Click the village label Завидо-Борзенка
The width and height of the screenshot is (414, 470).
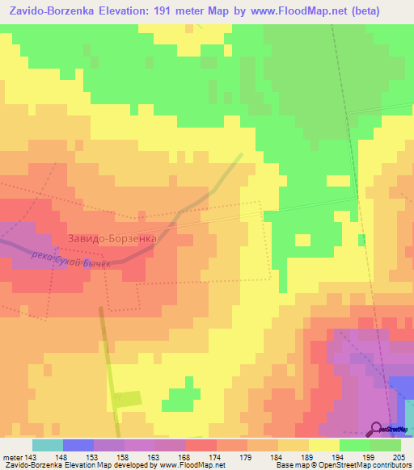(x=112, y=239)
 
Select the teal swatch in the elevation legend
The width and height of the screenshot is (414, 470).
(x=48, y=445)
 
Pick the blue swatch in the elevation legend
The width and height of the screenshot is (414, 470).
(x=78, y=445)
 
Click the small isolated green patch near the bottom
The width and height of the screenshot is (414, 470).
(x=183, y=397)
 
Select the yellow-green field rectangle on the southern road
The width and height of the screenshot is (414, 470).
(x=126, y=399)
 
